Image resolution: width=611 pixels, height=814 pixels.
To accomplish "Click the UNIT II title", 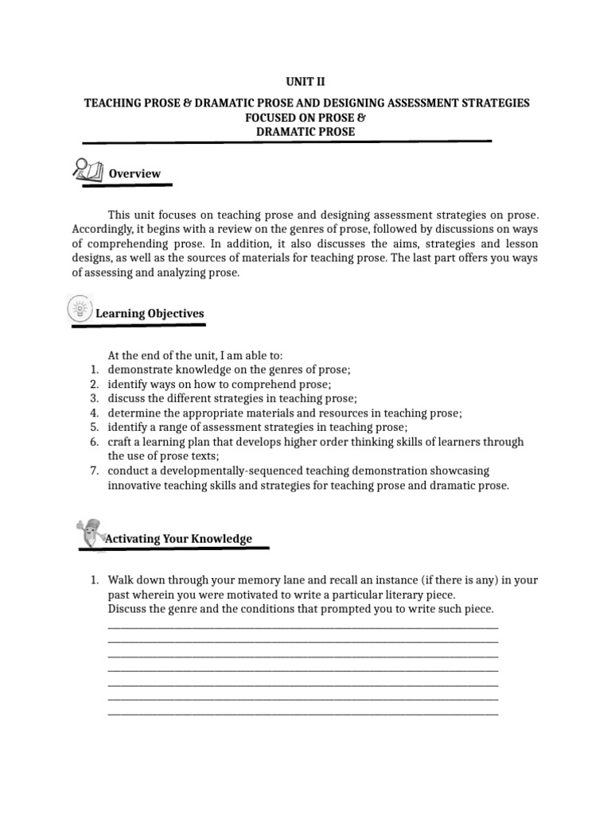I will coord(305,81).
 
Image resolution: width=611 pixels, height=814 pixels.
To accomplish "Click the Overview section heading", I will coord(134,173).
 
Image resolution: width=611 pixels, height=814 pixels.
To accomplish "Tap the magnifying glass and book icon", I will coord(87,169).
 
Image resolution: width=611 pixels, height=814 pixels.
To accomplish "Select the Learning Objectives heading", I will coord(150,313).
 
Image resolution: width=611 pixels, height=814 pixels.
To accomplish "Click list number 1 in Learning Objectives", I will coord(93,370).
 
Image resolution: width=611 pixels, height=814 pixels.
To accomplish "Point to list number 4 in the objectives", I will coord(93,413).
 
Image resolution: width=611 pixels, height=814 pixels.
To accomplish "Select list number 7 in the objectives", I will coord(93,471).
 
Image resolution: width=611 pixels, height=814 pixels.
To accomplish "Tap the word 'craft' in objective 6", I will coord(120,441).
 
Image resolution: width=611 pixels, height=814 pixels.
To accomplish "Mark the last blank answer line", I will coord(302,713).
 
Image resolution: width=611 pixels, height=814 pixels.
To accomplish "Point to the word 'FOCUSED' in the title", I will coord(272,118).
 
